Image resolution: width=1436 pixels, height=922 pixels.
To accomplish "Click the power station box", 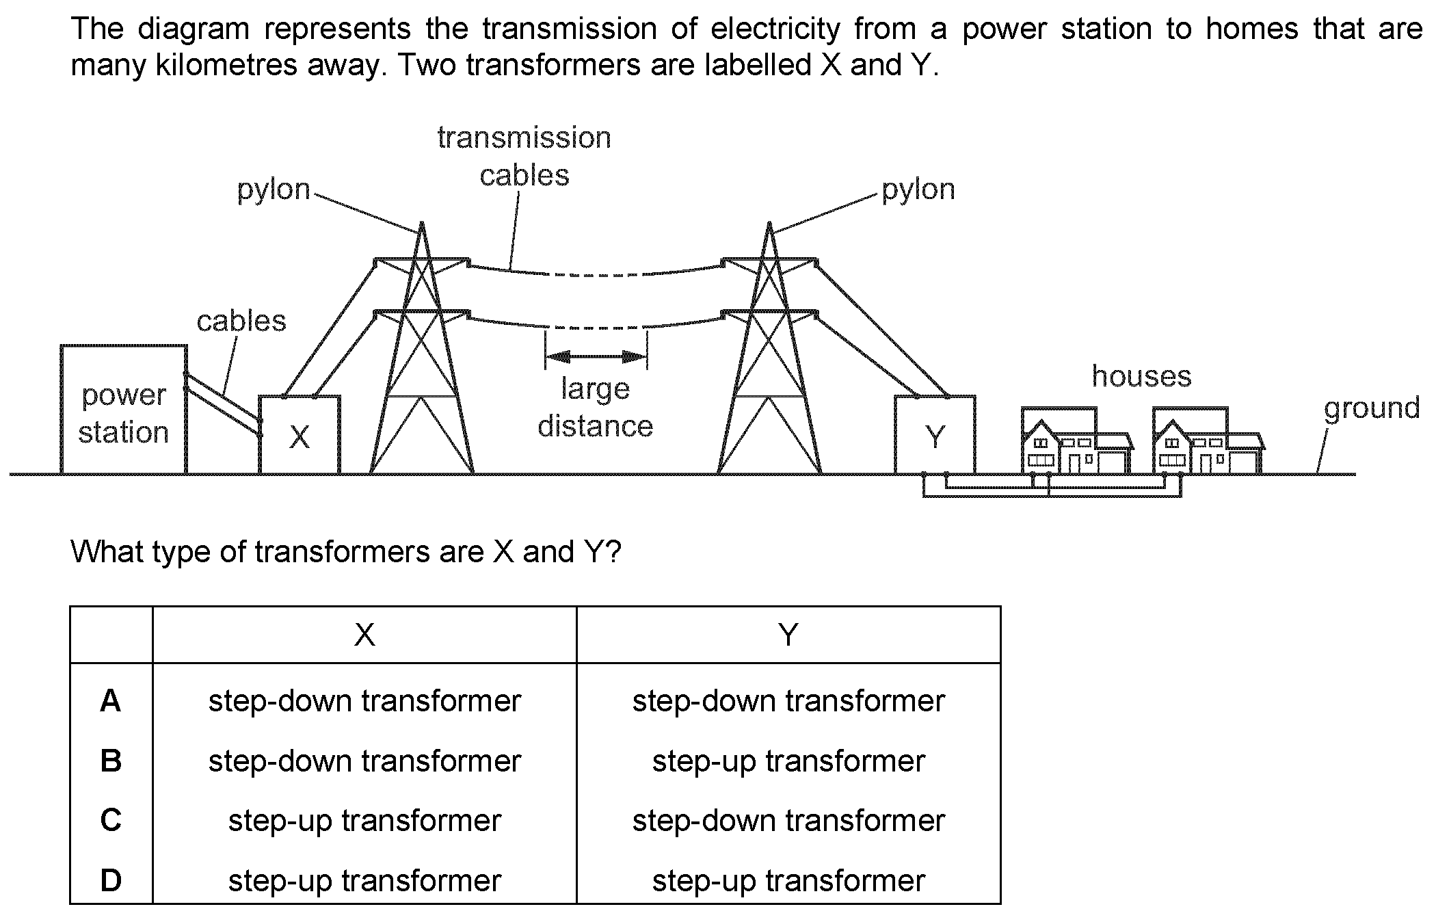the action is (124, 409).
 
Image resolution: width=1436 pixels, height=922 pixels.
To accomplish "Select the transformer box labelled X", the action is (300, 434).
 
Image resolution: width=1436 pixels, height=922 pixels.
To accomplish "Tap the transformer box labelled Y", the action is (935, 434).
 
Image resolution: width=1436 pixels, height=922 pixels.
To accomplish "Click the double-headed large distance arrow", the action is (596, 356).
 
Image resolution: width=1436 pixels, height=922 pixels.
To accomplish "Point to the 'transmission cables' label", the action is (524, 157).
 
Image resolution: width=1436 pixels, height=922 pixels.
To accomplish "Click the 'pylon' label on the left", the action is (274, 190).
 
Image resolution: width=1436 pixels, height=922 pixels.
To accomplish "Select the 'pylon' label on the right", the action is (918, 190).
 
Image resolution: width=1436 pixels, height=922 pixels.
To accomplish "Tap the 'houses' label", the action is (1141, 376).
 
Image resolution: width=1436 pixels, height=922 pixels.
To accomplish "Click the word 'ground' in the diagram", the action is (1371, 409).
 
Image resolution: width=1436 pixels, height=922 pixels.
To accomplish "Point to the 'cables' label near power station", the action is (241, 321).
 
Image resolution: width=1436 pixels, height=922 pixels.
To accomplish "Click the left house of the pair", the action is (1076, 441).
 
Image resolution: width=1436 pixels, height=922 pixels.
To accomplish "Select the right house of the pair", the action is (1208, 441).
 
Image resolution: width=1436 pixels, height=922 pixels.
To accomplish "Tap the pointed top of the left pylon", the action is (421, 222).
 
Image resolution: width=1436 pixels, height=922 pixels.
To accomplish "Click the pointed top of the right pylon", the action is (769, 222).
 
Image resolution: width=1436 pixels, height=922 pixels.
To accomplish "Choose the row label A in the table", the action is (111, 701).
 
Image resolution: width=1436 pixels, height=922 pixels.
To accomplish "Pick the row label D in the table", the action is (111, 880).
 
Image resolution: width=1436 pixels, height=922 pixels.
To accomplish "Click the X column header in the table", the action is (364, 635).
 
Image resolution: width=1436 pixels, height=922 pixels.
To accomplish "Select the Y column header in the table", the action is (788, 635).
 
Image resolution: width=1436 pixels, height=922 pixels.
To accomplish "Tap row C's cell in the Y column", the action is (788, 821).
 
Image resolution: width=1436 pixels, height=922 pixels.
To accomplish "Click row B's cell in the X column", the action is (364, 761).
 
